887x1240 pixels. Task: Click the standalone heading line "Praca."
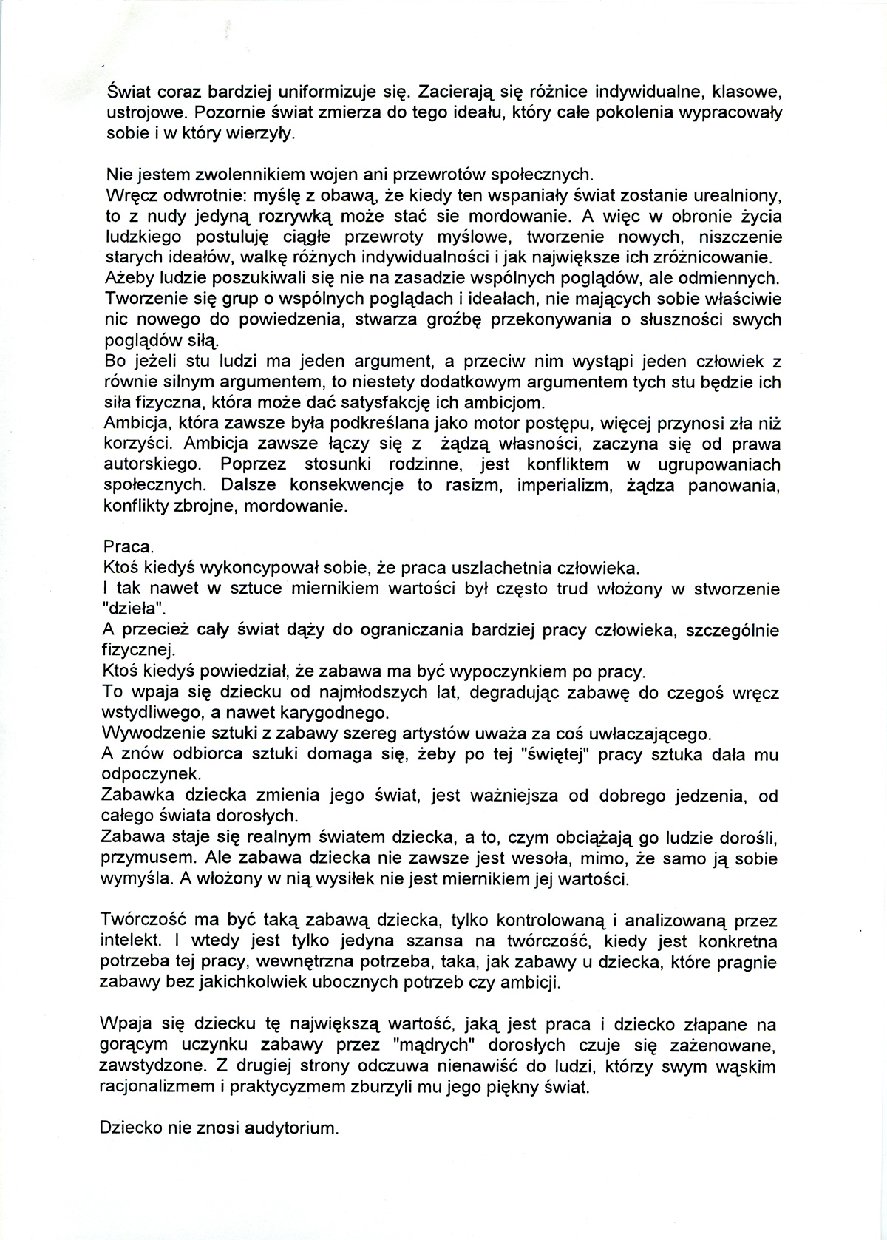pos(129,548)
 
